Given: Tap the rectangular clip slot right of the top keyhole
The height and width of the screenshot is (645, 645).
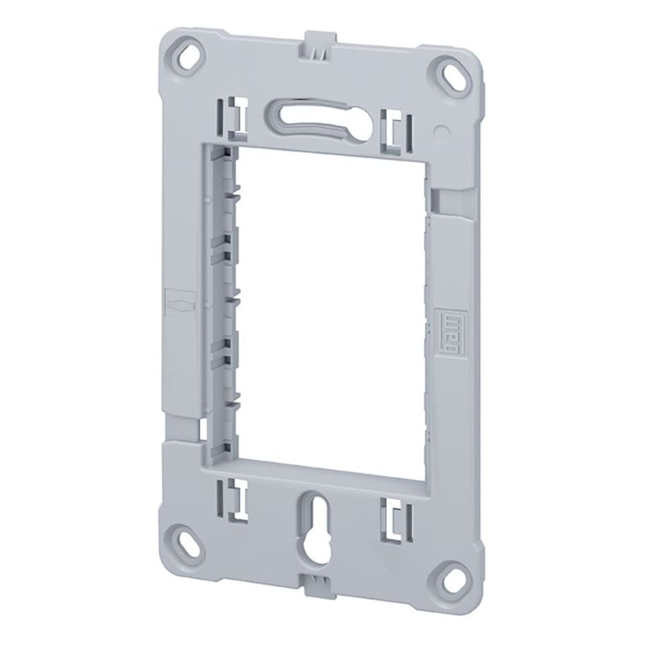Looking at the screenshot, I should pos(395,128).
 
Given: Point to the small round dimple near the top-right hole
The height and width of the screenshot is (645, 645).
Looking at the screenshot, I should pos(440,129).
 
